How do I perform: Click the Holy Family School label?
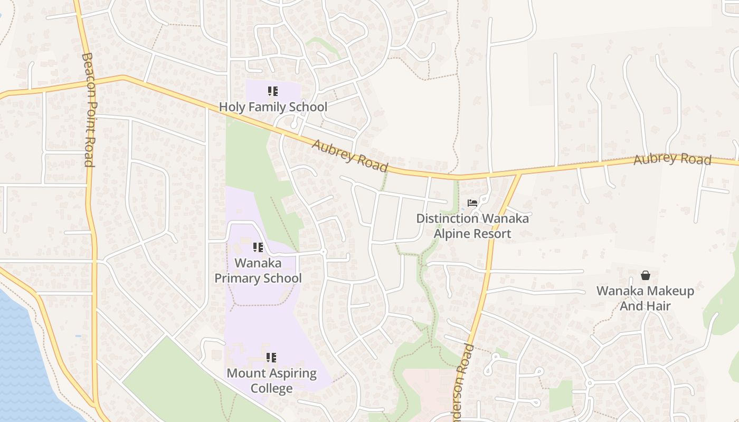(273, 107)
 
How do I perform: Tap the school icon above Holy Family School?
(272, 92)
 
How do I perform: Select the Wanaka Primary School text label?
(258, 271)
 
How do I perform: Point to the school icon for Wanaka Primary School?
(258, 247)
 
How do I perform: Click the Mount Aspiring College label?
(271, 380)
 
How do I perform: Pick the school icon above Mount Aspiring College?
(271, 358)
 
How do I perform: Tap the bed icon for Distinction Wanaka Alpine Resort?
(472, 203)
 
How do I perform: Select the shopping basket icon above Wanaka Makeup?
(645, 275)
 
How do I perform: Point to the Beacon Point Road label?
(89, 110)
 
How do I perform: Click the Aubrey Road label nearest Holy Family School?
(350, 155)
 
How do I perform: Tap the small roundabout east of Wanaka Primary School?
(324, 253)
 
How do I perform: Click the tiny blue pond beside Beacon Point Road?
(78, 336)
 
